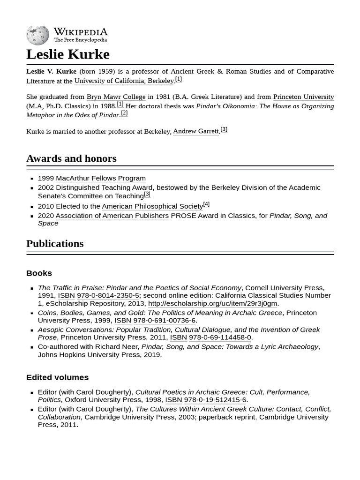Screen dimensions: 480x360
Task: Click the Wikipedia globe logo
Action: (x=37, y=35)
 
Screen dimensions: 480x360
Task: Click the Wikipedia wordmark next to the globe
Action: (x=80, y=32)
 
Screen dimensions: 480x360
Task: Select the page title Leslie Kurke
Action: (x=67, y=54)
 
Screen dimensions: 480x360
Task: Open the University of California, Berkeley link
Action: (x=124, y=81)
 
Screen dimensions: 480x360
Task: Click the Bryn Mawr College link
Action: (x=116, y=97)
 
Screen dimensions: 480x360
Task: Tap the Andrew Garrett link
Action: (x=195, y=131)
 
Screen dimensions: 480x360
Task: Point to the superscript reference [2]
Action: (x=124, y=113)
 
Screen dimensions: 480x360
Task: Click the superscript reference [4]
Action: (x=206, y=204)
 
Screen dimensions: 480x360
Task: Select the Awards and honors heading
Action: (x=71, y=158)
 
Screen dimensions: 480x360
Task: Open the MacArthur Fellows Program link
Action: (x=100, y=179)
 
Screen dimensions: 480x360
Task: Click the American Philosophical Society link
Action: (x=152, y=206)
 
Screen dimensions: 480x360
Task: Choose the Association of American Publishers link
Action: (x=112, y=216)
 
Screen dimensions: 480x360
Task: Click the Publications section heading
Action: (x=55, y=244)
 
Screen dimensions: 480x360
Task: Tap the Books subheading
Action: (x=39, y=273)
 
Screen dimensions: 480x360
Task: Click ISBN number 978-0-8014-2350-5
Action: (x=108, y=296)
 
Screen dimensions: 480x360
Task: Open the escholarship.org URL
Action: (x=212, y=304)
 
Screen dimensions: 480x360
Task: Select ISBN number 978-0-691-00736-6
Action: (x=164, y=321)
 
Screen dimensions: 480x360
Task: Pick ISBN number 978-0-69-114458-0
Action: (x=220, y=337)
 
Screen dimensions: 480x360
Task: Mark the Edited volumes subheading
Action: (x=57, y=377)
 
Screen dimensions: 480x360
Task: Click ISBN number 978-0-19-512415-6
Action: (x=215, y=400)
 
